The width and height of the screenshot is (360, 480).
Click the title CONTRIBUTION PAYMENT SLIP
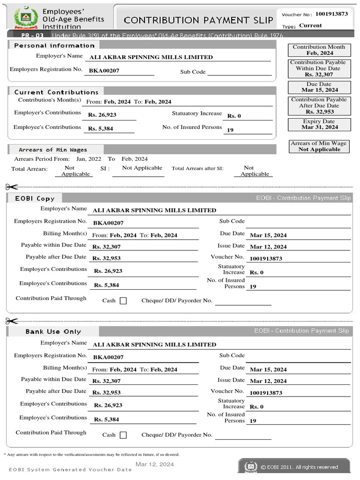(198, 20)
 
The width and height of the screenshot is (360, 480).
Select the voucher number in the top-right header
(331, 14)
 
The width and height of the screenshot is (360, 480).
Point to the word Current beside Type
(310, 25)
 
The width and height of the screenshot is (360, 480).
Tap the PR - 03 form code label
(33, 36)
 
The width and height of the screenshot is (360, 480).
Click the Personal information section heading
(54, 45)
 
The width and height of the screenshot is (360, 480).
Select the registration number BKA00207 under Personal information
(104, 71)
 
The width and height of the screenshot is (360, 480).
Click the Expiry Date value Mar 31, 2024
(319, 127)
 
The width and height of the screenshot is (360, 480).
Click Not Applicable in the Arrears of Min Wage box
(319, 150)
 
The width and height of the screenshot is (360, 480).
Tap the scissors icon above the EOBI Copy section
(12, 186)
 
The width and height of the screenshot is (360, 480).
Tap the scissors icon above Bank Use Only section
(12, 321)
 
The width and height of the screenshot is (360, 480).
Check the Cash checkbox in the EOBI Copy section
(123, 301)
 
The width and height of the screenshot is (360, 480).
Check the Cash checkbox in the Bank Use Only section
(123, 435)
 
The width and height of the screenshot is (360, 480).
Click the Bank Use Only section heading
(53, 331)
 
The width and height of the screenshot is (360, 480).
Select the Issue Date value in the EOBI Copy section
(268, 247)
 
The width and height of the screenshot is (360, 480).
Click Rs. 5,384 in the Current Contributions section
(100, 128)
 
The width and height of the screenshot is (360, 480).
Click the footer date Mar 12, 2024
(155, 464)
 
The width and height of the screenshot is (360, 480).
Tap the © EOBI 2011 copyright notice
(299, 467)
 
